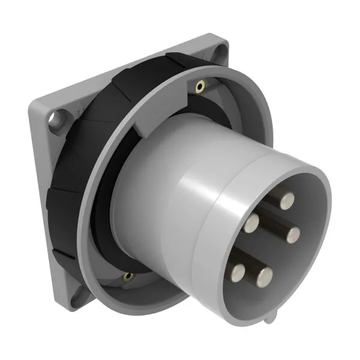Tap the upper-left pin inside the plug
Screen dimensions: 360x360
[251, 224]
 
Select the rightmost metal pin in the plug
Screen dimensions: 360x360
[294, 232]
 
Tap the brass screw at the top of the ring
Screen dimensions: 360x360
[199, 88]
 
